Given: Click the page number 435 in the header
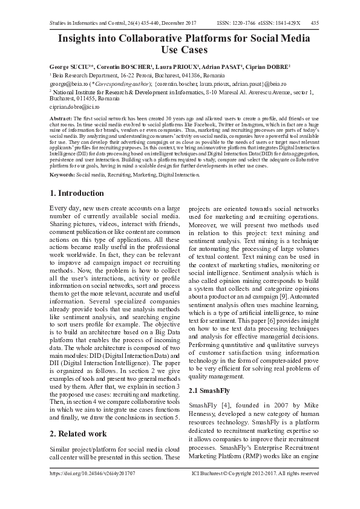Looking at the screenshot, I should coord(315,23).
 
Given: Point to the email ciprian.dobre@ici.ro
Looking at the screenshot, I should coord(74,106).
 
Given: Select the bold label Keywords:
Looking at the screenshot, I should coord(62,174).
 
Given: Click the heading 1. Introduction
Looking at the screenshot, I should coord(76,193).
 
